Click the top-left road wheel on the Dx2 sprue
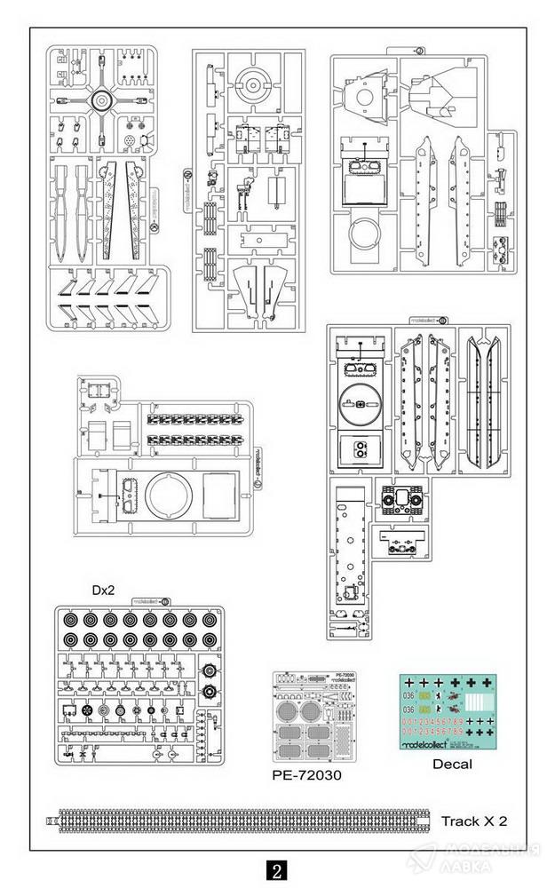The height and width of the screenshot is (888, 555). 69,620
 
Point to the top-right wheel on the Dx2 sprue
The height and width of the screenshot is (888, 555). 209,620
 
